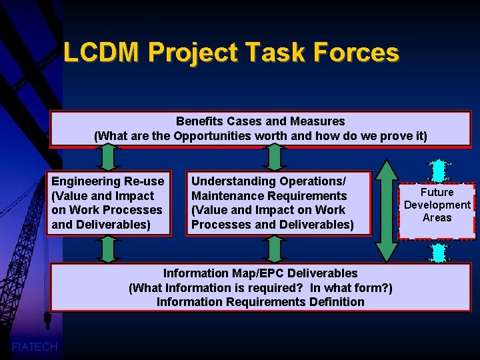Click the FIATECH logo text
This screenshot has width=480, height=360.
click(35, 347)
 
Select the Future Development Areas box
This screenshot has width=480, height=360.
click(437, 205)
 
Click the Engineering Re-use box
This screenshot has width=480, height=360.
click(108, 203)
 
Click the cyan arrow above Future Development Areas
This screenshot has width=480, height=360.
click(437, 170)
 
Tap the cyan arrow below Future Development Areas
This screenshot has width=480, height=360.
click(437, 253)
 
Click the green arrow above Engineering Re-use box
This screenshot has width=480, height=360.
click(108, 158)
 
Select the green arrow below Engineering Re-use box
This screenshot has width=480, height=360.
click(108, 249)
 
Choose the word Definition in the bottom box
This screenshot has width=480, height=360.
click(337, 302)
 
